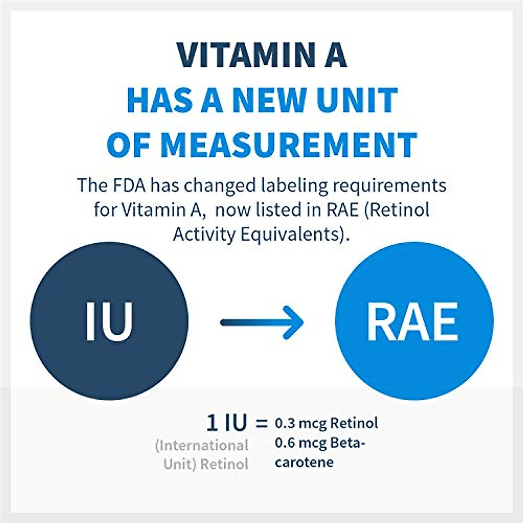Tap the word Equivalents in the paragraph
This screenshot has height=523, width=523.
point(292,234)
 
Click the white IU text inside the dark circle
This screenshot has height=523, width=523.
point(109,321)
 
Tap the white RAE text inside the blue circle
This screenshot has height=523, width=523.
point(414,321)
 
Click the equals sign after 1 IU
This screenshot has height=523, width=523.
point(261,423)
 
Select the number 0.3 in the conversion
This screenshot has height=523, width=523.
point(285,423)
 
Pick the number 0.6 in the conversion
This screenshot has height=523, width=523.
point(285,443)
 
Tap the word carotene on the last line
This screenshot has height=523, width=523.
point(304,462)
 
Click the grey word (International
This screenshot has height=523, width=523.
point(201,445)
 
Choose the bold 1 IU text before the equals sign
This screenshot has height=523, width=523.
point(226,423)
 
